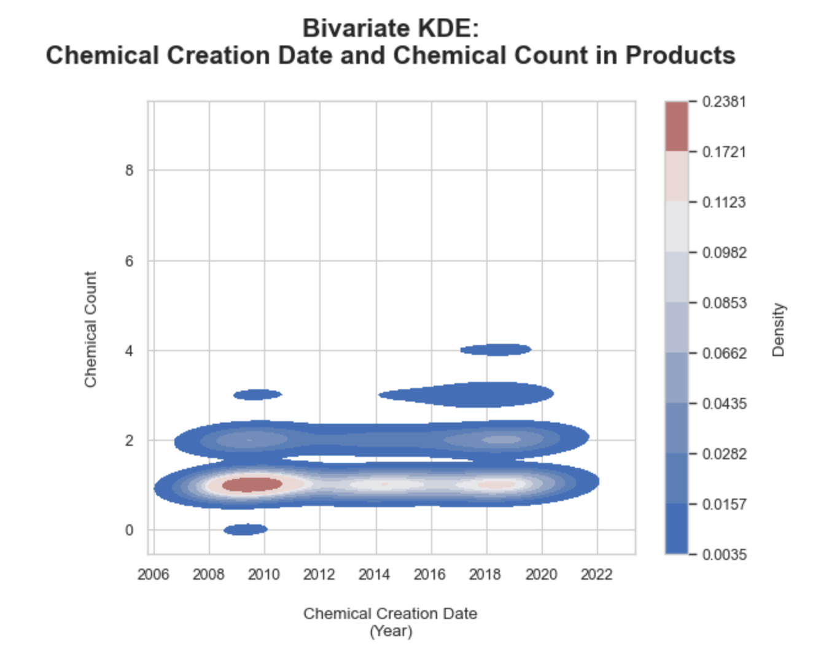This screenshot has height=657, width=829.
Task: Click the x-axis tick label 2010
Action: pos(263,575)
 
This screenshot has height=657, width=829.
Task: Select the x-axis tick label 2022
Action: pos(596,575)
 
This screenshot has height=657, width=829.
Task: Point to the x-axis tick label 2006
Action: pos(153,575)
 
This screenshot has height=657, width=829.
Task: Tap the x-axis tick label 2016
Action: pos(430,575)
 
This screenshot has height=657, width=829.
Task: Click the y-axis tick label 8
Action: pos(129,171)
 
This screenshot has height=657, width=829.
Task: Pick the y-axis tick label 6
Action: pos(129,261)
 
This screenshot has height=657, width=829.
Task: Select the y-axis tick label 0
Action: pos(129,531)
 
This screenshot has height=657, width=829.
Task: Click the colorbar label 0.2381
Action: pos(724,102)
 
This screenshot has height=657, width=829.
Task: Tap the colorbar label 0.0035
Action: pos(724,555)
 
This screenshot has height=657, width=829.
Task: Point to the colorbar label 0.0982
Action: pos(724,253)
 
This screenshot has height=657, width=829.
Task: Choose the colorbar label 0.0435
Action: pos(724,404)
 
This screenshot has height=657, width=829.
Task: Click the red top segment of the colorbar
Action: pos(676,126)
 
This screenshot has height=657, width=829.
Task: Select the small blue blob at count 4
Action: pos(496,350)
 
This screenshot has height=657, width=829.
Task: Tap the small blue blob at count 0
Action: pos(246,529)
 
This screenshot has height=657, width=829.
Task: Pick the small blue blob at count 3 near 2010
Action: pos(257,394)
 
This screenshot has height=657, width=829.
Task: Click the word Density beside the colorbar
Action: pos(779,329)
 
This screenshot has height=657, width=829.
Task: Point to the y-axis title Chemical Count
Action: pos(91,329)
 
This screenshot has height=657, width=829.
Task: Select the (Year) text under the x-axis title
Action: pos(391,631)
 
